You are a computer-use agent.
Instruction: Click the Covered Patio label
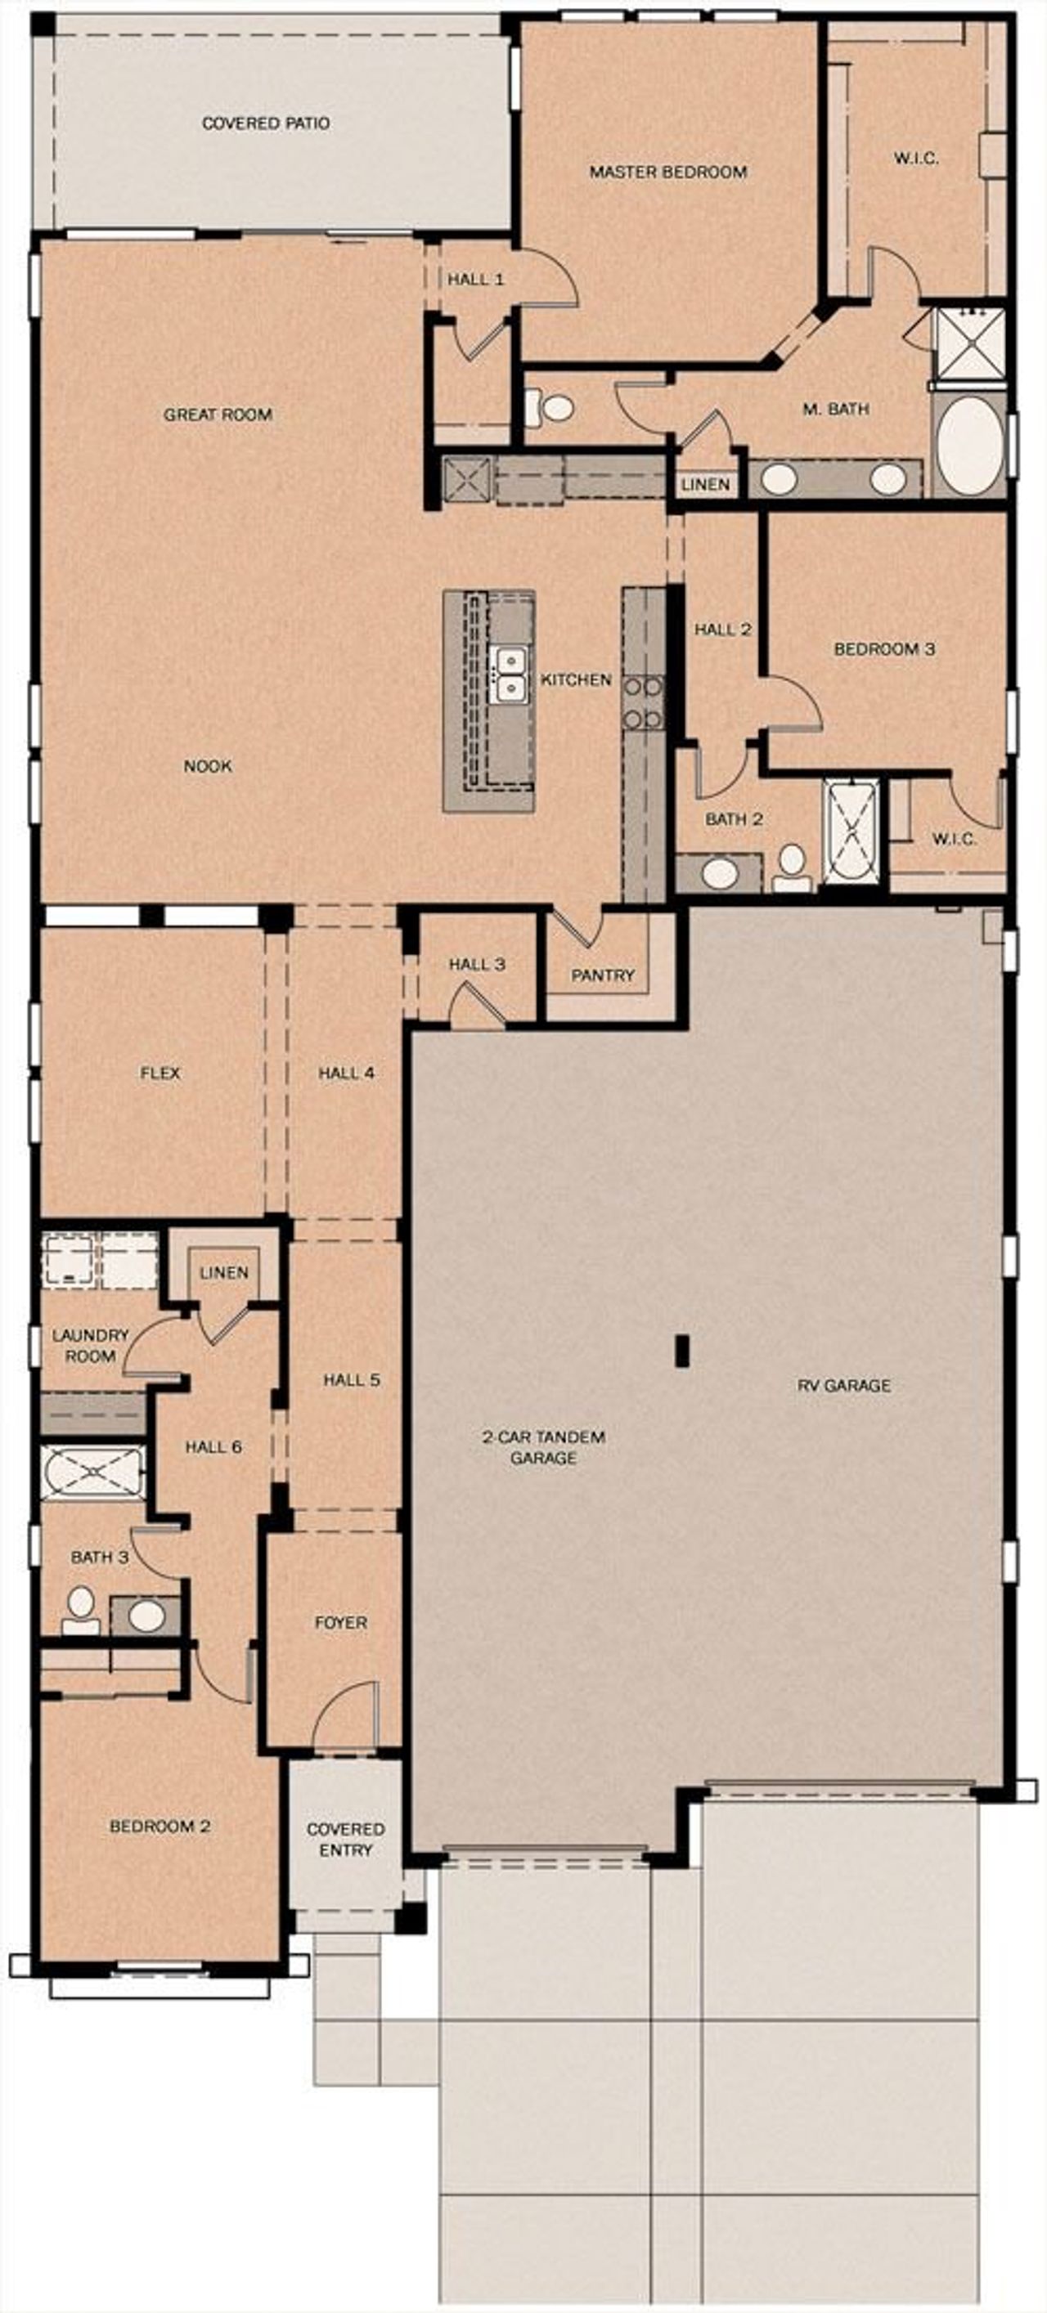click(x=265, y=123)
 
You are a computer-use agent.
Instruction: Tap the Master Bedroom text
click(x=667, y=172)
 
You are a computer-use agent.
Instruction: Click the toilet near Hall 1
click(x=556, y=409)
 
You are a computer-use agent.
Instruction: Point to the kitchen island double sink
click(x=511, y=675)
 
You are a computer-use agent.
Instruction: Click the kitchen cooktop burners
click(x=643, y=703)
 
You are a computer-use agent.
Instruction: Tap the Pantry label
click(x=603, y=975)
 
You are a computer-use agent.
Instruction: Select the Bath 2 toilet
click(x=791, y=866)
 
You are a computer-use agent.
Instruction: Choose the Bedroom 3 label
click(x=883, y=648)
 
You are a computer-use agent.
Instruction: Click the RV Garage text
click(x=843, y=1386)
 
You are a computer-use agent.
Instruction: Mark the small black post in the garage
click(x=682, y=1351)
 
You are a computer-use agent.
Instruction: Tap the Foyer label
click(x=340, y=1622)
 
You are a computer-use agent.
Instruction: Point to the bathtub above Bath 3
click(x=92, y=1473)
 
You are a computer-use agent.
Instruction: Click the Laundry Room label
click(x=90, y=1346)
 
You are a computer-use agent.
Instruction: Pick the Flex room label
click(x=160, y=1073)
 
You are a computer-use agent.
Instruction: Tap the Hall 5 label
click(x=351, y=1380)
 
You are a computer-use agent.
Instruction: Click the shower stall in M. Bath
click(x=968, y=343)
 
